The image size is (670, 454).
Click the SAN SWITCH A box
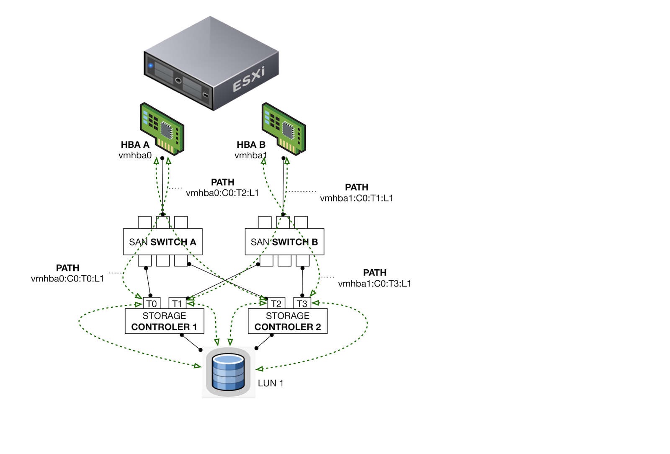click(x=162, y=242)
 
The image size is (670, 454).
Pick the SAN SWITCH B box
click(x=284, y=242)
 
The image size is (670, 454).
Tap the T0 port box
click(x=152, y=304)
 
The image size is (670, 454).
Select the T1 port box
click(x=177, y=304)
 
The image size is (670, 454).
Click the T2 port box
click(x=276, y=304)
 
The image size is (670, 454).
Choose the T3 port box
click(x=302, y=304)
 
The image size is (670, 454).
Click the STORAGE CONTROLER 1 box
click(x=164, y=321)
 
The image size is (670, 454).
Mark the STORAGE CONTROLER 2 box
click(x=288, y=321)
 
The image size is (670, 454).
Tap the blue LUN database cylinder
click(x=228, y=372)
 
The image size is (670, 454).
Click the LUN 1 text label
click(x=271, y=383)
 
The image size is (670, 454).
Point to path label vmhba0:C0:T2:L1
click(x=222, y=193)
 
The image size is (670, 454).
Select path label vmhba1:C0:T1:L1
click(x=356, y=198)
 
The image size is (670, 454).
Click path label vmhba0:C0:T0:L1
click(x=67, y=279)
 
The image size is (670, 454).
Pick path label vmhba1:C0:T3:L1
click(x=374, y=284)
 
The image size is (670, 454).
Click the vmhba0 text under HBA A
click(x=135, y=155)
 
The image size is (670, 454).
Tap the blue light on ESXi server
click(x=151, y=66)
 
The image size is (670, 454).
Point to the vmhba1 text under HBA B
click(x=250, y=155)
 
